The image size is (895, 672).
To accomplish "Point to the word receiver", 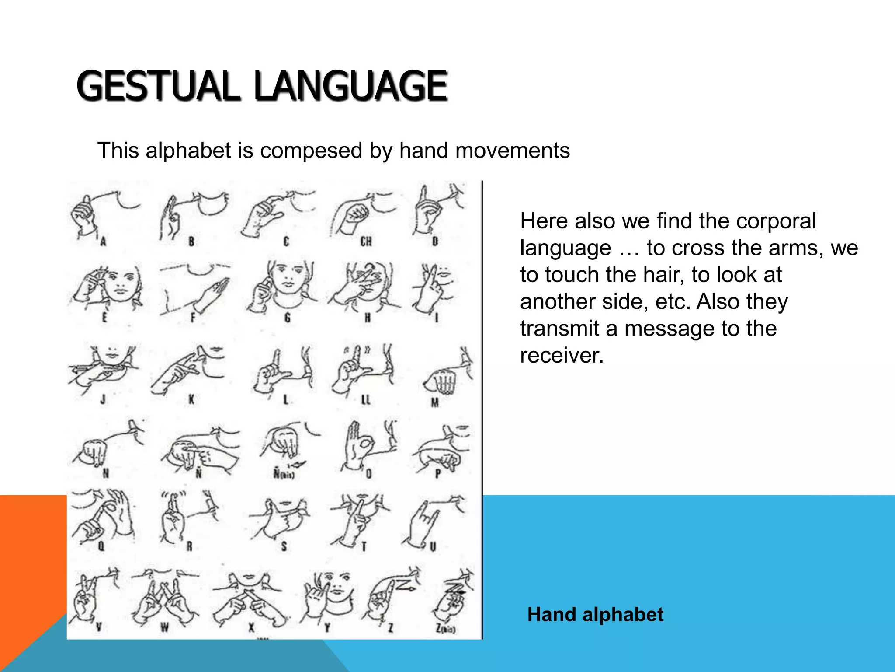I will [562, 355].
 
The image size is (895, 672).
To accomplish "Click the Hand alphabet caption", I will [595, 615].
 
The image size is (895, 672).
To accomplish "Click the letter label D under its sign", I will [435, 241].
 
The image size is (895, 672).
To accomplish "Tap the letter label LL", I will [366, 399].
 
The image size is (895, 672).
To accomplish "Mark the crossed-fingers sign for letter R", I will [173, 518].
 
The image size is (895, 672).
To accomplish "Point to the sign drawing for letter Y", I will [321, 595].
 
